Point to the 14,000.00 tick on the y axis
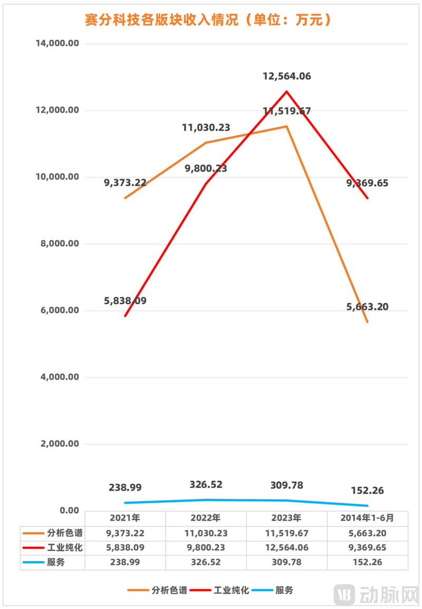click(57, 44)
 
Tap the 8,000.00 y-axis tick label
click(60, 244)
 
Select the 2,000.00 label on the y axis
click(60, 444)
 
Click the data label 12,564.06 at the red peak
click(286, 76)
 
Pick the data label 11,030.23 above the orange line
click(206, 127)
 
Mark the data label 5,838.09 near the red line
click(126, 301)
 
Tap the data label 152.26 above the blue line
click(366, 490)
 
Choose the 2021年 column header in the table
click(124, 518)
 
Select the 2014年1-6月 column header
click(367, 518)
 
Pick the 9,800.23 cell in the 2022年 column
click(206, 547)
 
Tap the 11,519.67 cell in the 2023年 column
click(286, 533)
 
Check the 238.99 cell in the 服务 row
click(124, 562)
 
